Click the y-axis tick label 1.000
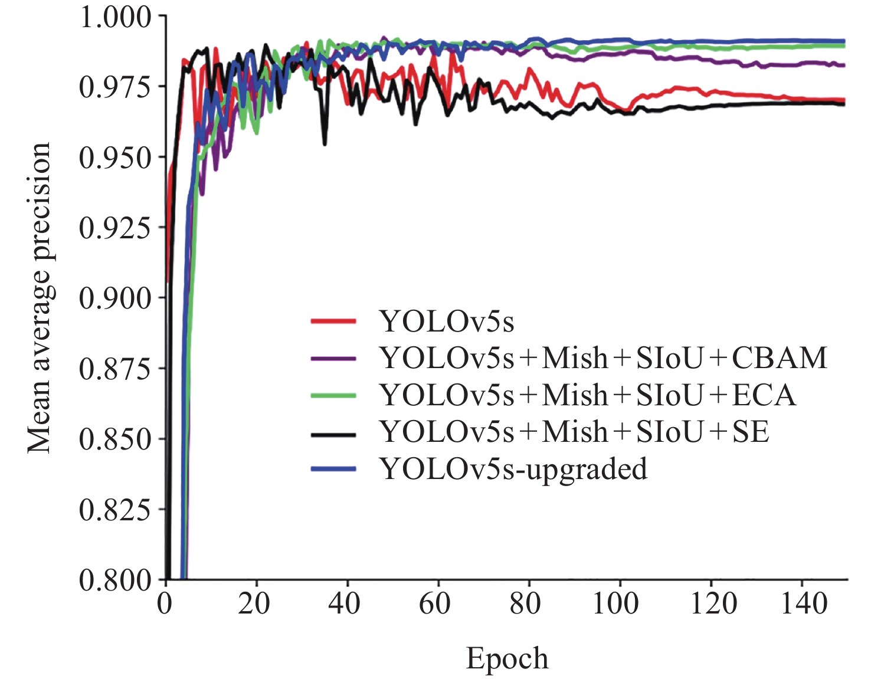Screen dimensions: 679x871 tap(115, 18)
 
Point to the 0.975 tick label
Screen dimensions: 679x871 tap(115, 87)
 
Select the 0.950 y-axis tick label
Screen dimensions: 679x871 tap(115, 158)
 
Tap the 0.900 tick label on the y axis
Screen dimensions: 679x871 tap(115, 298)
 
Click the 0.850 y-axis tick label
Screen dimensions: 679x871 tap(115, 439)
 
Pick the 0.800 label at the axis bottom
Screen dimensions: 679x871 tap(115, 580)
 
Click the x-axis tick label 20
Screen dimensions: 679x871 tap(254, 604)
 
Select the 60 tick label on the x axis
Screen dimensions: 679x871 tap(435, 604)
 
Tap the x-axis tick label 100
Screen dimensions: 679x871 tap(615, 604)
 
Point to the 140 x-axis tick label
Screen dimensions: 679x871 tap(804, 604)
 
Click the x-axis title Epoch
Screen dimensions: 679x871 tap(507, 658)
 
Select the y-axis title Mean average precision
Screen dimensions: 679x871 tap(40, 298)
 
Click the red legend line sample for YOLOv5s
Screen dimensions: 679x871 tap(333, 322)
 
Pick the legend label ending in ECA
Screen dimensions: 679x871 tap(588, 395)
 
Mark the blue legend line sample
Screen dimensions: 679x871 tap(333, 469)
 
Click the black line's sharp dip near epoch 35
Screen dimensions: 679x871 tap(325, 143)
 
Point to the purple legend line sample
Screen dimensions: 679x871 tap(333, 359)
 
